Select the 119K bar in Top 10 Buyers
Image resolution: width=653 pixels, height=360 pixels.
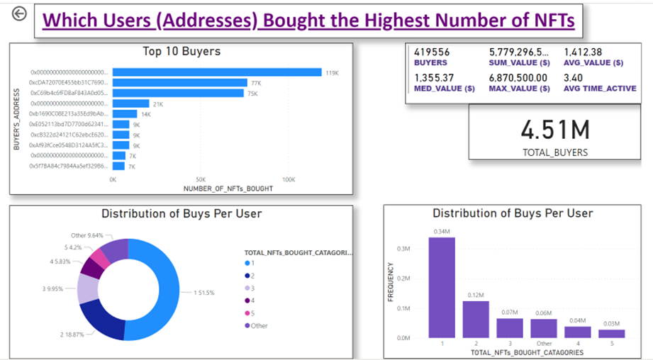point(216,72)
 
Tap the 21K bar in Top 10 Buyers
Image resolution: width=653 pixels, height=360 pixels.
point(130,103)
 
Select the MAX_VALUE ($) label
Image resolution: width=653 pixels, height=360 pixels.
point(519,89)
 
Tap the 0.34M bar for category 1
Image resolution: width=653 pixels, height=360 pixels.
point(441,287)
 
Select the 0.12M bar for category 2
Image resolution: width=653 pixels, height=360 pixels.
point(476,320)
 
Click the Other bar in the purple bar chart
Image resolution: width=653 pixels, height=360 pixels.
point(544,328)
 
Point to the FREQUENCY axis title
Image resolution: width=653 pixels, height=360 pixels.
point(391,291)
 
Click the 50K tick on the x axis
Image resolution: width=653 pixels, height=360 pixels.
point(201,180)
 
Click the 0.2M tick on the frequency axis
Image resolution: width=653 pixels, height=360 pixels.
point(403,279)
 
